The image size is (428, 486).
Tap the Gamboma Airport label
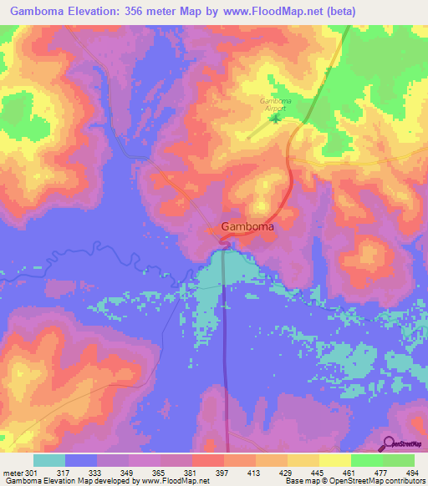[x=274, y=104]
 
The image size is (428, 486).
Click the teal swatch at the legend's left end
[x=49, y=460]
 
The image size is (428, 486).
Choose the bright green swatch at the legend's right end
[x=398, y=460]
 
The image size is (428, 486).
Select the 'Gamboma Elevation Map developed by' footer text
[x=70, y=481]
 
